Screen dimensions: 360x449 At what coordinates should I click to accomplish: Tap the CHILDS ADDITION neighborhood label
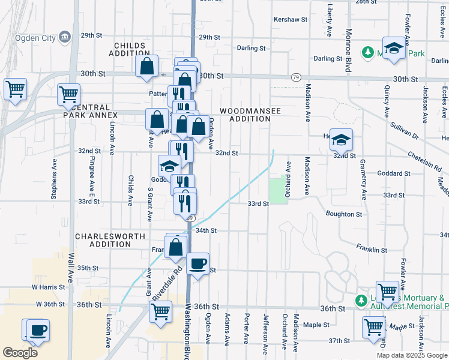pos(128,50)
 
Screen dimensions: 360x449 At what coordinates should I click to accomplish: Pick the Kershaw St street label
pos(290,20)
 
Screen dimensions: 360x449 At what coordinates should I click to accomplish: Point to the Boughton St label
pos(344,214)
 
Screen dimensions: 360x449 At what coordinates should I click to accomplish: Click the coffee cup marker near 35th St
pos(197,264)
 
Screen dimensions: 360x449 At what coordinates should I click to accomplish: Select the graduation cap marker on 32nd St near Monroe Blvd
pos(341,140)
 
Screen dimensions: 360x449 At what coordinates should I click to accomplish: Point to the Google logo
pos(20,353)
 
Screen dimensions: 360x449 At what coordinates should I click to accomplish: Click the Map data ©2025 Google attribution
pos(412,355)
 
